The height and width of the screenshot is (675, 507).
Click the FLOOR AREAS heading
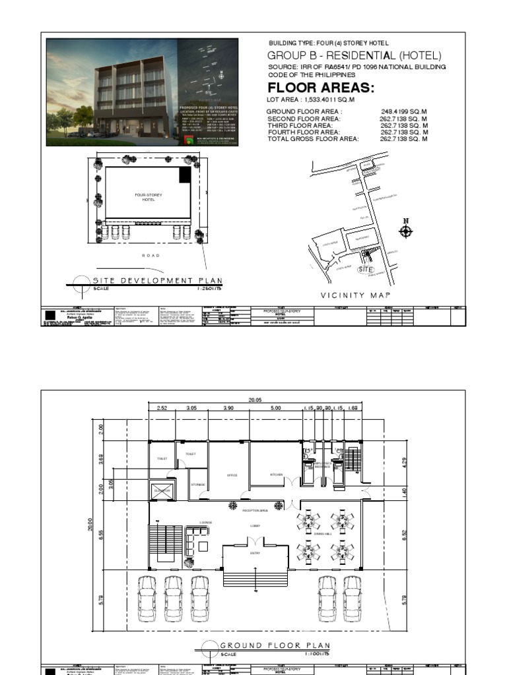(312, 88)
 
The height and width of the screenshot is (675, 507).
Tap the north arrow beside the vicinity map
(406, 229)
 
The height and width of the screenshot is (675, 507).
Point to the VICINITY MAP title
(356, 295)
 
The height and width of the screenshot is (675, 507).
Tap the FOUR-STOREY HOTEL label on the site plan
(148, 197)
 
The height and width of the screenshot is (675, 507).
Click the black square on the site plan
(186, 174)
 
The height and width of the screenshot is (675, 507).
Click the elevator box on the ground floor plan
(162, 490)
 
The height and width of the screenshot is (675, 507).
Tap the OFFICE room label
(232, 475)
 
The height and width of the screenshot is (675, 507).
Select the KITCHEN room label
(277, 475)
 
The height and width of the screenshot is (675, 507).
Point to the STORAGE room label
(198, 485)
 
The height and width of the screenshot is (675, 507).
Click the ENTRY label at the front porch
(255, 553)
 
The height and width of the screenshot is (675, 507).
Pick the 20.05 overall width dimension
(255, 400)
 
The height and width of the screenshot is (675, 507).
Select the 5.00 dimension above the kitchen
(276, 409)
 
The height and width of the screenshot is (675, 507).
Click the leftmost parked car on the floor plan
(147, 599)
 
